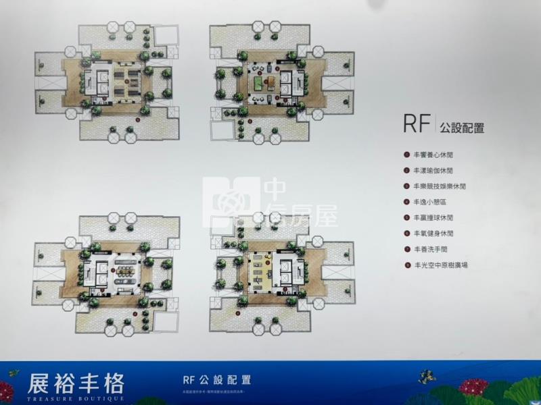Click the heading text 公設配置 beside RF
point(462,127)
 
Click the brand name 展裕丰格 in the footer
point(76,383)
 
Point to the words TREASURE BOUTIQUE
point(76,398)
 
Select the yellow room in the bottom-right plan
point(259,271)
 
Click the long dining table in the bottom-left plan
point(124,265)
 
